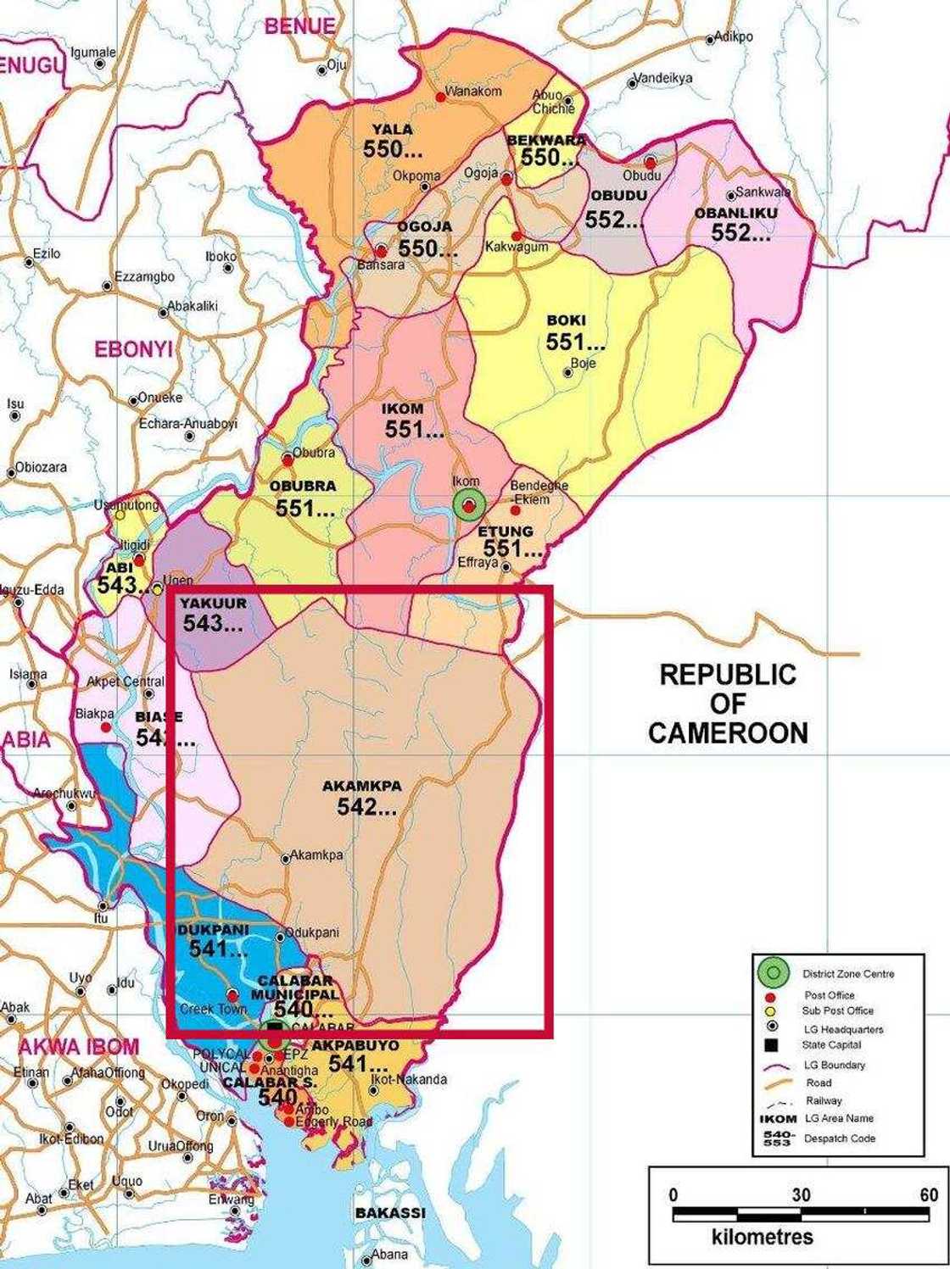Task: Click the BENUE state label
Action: click(x=299, y=26)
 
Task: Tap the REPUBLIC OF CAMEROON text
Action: click(x=728, y=704)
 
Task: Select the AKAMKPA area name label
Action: click(x=362, y=786)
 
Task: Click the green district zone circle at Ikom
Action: click(x=468, y=505)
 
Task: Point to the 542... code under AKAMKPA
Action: click(x=366, y=807)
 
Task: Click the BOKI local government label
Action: click(x=566, y=320)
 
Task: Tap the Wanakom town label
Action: click(x=474, y=91)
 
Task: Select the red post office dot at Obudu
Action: click(x=651, y=162)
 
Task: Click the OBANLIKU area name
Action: click(x=736, y=213)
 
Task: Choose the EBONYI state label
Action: click(x=133, y=349)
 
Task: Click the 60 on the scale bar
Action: click(x=929, y=1195)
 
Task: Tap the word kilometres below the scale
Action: click(x=763, y=1237)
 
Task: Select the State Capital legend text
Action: click(x=831, y=1045)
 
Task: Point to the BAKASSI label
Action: click(x=390, y=1213)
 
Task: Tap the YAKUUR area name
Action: click(x=214, y=603)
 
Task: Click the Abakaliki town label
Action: click(x=193, y=306)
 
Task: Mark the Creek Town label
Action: click(x=214, y=1010)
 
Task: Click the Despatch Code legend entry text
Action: click(x=840, y=1138)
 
